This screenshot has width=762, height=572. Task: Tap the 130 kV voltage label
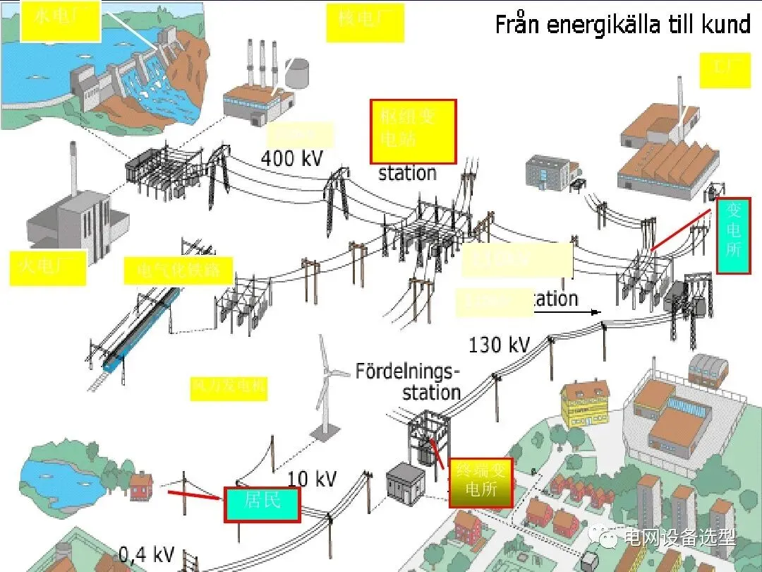coord(499,345)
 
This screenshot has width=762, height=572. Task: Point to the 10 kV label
coord(311,479)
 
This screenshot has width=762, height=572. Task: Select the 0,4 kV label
coord(146,554)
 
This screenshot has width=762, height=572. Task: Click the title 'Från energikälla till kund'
coord(622,25)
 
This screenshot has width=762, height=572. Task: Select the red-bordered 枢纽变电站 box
coord(413,131)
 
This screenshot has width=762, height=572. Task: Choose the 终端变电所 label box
coord(480,482)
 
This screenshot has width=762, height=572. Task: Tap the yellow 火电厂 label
coord(48,268)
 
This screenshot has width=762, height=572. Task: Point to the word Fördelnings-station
coord(408,381)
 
